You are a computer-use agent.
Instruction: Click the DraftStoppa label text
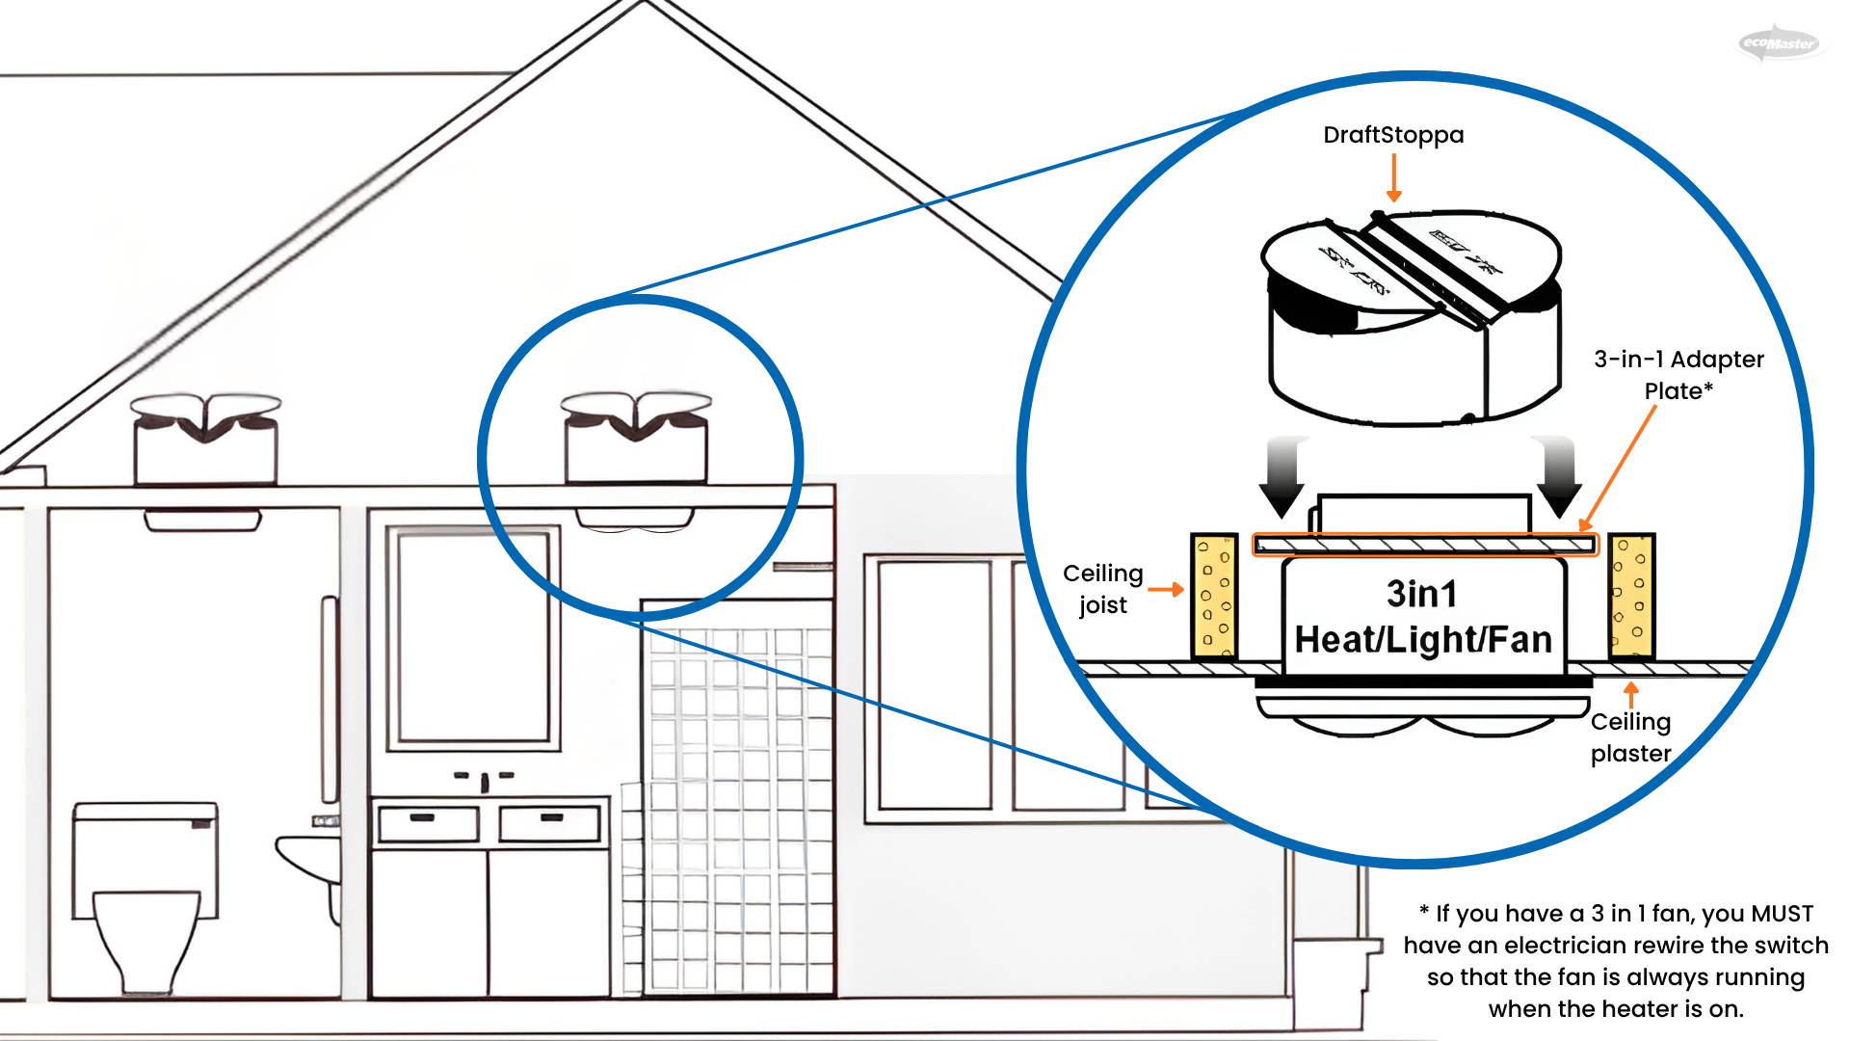(x=1393, y=135)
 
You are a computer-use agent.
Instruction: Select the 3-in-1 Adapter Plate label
(x=1678, y=375)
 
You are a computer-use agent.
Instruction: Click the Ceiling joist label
(x=1102, y=589)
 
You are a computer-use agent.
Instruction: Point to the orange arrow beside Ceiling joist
(x=1166, y=589)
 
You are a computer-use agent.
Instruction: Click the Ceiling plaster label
(x=1630, y=737)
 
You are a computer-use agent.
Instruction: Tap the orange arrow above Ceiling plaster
(x=1630, y=694)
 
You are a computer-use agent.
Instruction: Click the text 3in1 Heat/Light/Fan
(x=1423, y=618)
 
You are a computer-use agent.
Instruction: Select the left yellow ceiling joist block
(x=1214, y=597)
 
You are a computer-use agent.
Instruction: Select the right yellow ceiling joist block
(x=1630, y=597)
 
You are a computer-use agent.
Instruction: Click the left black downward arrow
(x=1282, y=476)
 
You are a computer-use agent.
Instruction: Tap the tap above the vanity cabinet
(x=485, y=781)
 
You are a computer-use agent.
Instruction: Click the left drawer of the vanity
(x=427, y=823)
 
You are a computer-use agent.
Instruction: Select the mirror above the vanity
(x=473, y=636)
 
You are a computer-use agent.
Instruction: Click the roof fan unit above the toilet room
(x=205, y=439)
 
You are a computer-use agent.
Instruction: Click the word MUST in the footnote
(x=1782, y=914)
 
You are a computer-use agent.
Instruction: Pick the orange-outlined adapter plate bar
(x=1424, y=546)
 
